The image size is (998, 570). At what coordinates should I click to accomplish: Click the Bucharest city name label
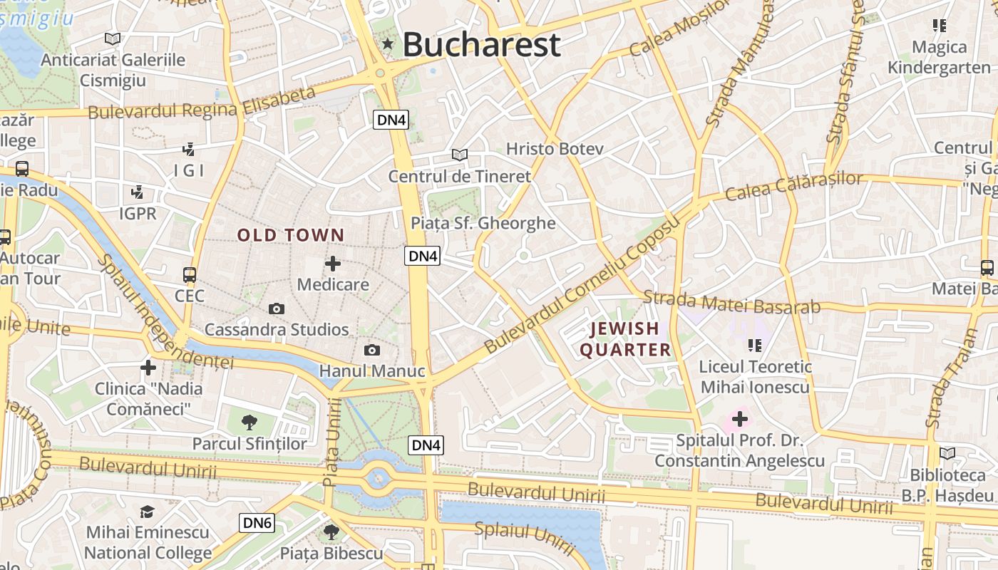coord(482,45)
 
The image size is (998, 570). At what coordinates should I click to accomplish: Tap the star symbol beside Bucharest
coord(388,44)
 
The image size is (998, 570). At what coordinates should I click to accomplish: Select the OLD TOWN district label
coord(291,235)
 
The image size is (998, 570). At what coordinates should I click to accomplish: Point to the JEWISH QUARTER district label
coord(625,339)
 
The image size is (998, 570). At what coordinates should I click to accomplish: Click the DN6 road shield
coord(257,523)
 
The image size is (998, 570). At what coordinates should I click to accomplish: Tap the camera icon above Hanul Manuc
coord(371,350)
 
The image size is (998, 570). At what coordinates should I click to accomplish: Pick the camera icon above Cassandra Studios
coord(277,309)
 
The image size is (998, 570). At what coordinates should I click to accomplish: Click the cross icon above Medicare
coord(333,264)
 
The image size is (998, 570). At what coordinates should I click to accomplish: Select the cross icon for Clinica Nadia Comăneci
coord(148,368)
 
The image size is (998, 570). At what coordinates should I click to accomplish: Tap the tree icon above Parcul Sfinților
coord(249,423)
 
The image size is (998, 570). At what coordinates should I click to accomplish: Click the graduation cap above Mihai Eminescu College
coord(148,512)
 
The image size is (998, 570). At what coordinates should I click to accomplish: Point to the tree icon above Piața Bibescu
coord(331,532)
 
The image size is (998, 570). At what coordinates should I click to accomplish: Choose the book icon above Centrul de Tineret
coord(460,155)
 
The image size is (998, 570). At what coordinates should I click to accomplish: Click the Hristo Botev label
coord(555,149)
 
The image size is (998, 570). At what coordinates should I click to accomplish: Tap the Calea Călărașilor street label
coord(794,186)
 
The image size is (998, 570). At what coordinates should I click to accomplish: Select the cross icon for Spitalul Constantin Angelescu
coord(740,419)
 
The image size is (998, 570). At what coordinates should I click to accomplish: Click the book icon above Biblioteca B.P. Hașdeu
coord(947,453)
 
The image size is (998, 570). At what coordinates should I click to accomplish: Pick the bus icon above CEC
coord(190,274)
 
